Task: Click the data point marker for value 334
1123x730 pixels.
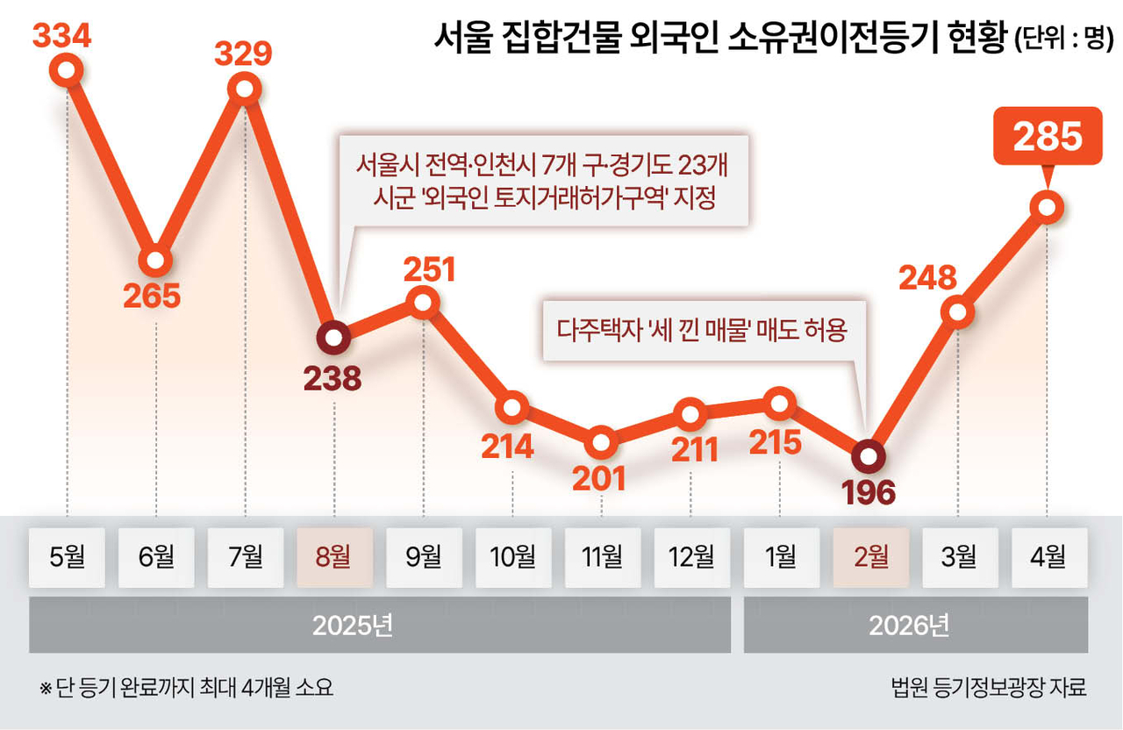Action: pyautogui.click(x=66, y=70)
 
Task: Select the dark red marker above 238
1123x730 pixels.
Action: pyautogui.click(x=334, y=338)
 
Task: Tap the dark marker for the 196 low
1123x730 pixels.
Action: pyautogui.click(x=869, y=456)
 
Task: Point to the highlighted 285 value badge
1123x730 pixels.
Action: pyautogui.click(x=1048, y=136)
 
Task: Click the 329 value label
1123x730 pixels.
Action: pyautogui.click(x=243, y=54)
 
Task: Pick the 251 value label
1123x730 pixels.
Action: pyautogui.click(x=429, y=269)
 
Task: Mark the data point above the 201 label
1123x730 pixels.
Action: pyautogui.click(x=601, y=443)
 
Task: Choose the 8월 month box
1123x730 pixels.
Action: pyautogui.click(x=335, y=557)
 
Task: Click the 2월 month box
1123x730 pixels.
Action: pyautogui.click(x=871, y=557)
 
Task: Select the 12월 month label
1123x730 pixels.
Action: pyautogui.click(x=691, y=557)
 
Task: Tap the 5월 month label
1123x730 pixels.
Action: pyautogui.click(x=68, y=557)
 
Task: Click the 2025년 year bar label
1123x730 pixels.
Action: pyautogui.click(x=353, y=626)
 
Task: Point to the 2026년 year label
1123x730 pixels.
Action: pyautogui.click(x=909, y=626)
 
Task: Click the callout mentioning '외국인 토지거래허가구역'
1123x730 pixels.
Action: pyautogui.click(x=544, y=181)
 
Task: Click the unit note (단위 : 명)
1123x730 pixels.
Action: pyautogui.click(x=1064, y=38)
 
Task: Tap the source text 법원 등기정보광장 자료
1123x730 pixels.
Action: pyautogui.click(x=989, y=687)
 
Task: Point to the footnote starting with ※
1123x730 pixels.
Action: pyautogui.click(x=186, y=687)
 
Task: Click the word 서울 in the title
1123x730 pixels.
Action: pyautogui.click(x=462, y=37)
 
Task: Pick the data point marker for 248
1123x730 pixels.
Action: pyautogui.click(x=957, y=312)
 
